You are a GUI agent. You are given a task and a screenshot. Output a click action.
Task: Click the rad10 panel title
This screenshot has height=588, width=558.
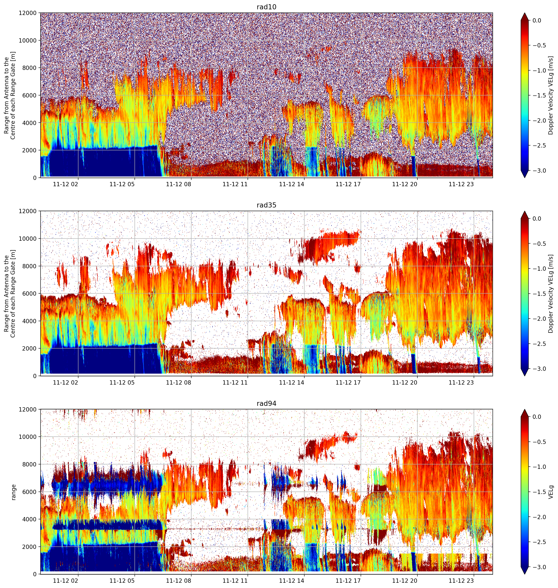(266, 7)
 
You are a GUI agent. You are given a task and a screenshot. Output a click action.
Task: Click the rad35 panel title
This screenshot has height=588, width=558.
(266, 205)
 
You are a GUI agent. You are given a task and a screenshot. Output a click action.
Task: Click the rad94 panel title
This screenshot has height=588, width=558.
(266, 404)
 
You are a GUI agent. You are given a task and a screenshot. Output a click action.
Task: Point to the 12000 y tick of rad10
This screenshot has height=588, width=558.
(28, 13)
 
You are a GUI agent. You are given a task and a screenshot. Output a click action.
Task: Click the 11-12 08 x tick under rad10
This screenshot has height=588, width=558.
(179, 184)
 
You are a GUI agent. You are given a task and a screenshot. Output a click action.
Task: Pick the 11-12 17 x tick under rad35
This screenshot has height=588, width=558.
(348, 383)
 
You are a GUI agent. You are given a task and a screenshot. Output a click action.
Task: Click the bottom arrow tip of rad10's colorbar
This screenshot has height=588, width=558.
(525, 177)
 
